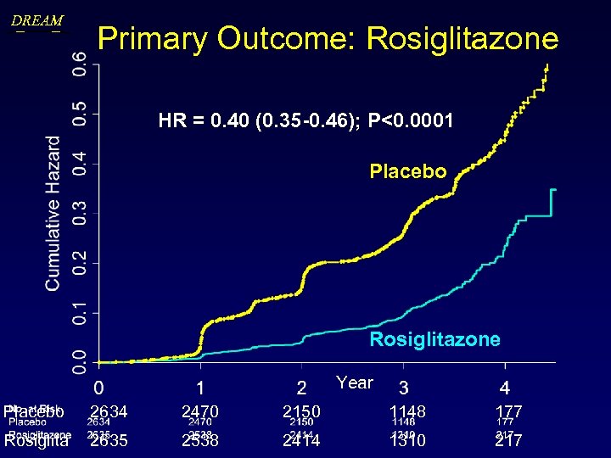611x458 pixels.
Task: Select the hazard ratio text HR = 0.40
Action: tap(205, 121)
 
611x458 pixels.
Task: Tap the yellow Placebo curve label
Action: tap(407, 171)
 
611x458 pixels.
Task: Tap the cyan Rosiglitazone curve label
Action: tap(434, 339)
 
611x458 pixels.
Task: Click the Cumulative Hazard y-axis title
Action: tap(53, 213)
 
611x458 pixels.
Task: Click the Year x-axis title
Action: tap(354, 383)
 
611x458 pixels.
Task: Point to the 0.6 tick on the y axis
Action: tap(79, 63)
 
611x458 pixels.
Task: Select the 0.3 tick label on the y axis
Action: tap(79, 213)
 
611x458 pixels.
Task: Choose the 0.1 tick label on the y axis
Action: tap(79, 313)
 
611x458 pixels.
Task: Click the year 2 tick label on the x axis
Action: tap(302, 388)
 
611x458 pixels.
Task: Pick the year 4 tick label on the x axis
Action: tap(505, 388)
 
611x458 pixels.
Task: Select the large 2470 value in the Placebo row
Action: tap(200, 411)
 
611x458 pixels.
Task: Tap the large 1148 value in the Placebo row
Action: tap(407, 411)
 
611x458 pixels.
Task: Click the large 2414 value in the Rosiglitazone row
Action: tap(302, 441)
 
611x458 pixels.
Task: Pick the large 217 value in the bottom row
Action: tap(508, 441)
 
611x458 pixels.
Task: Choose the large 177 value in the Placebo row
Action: tap(509, 411)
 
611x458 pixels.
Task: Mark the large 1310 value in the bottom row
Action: tap(407, 441)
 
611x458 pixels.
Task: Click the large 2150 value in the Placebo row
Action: tap(302, 411)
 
